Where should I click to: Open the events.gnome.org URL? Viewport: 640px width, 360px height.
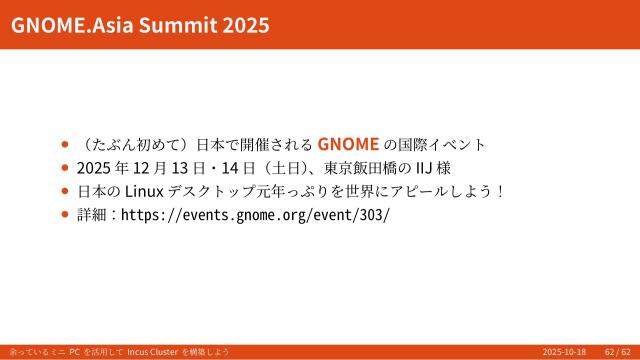255,215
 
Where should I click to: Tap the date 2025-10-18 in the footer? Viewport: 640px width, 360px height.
564,352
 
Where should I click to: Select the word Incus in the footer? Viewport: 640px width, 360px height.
139,352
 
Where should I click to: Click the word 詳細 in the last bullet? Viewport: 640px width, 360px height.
92,215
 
